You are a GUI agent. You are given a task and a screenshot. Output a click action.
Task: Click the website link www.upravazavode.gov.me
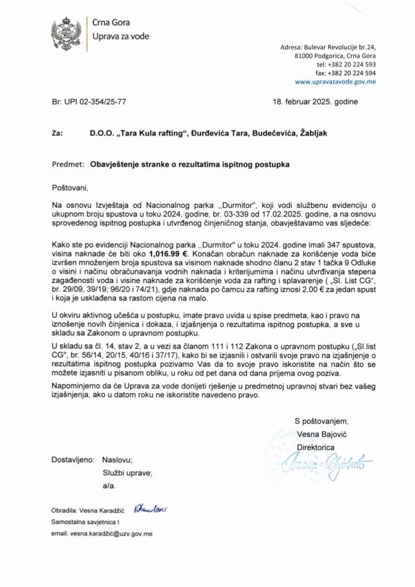click(x=335, y=81)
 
